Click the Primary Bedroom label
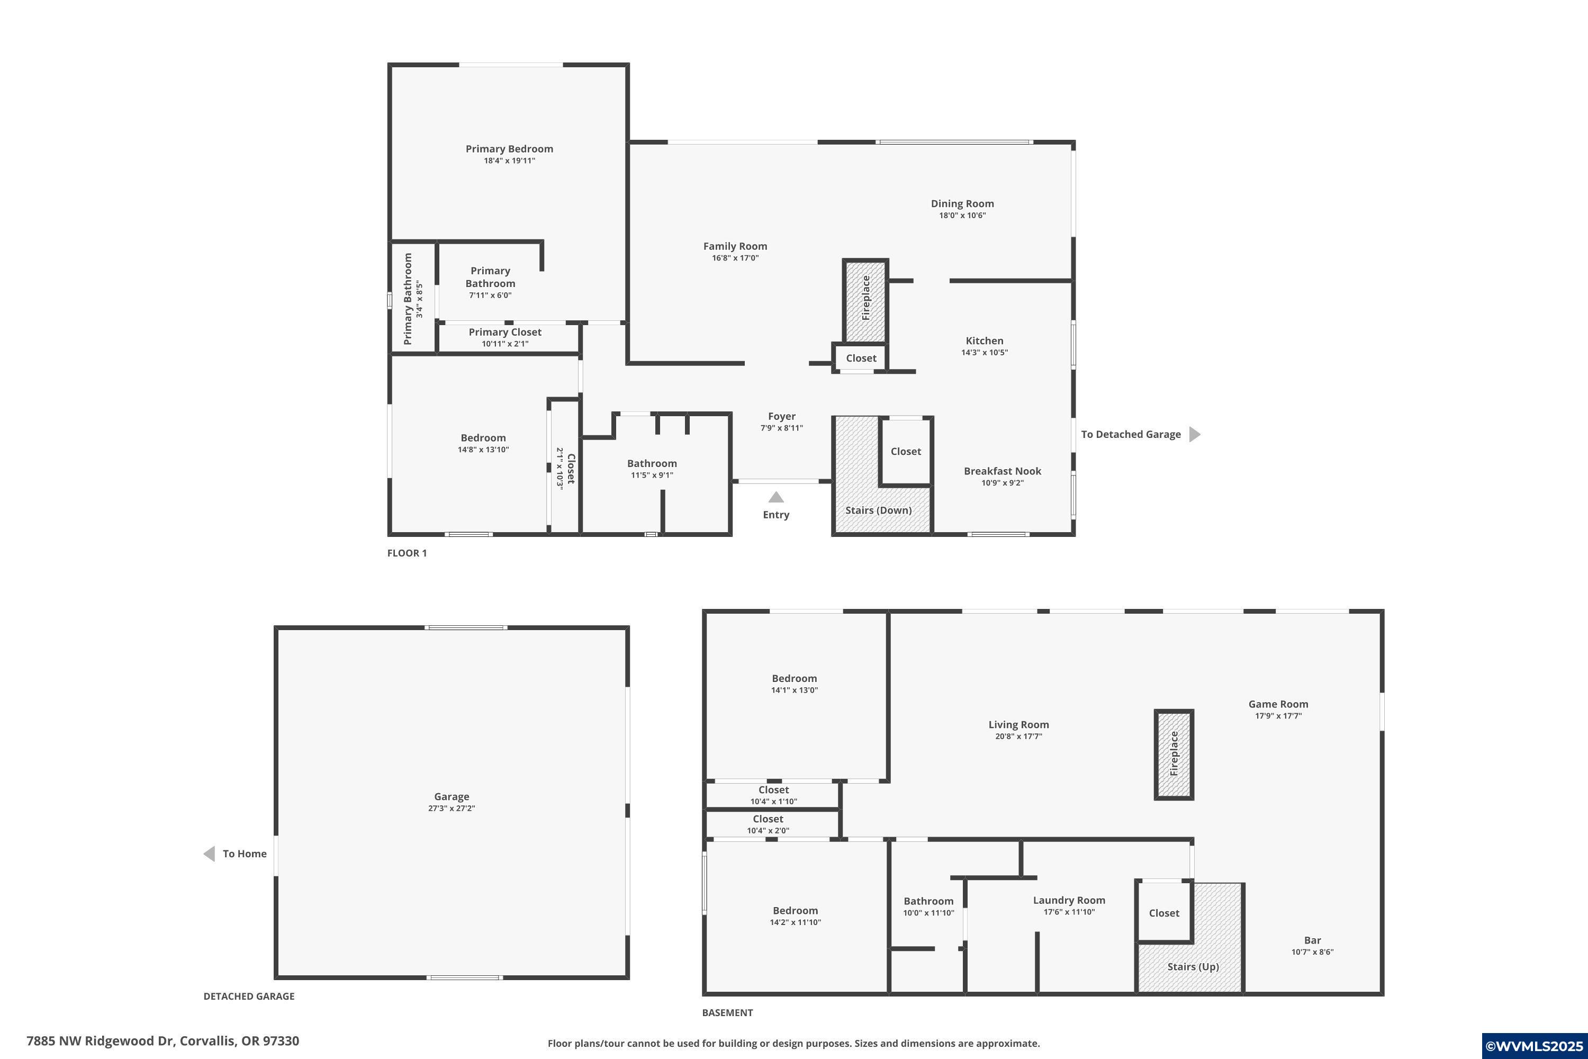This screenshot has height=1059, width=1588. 509,149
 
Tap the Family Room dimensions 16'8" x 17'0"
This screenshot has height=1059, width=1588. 735,258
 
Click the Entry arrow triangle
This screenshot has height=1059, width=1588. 776,498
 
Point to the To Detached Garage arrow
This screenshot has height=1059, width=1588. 1194,434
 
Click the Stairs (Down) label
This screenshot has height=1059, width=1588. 878,510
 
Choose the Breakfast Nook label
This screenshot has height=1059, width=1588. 1002,471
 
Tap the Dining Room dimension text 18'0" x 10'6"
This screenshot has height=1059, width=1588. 962,216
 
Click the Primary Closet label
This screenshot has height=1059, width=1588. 504,331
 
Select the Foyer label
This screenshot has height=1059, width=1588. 781,416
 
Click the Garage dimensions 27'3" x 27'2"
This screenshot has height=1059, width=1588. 451,809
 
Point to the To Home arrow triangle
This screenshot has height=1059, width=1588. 209,854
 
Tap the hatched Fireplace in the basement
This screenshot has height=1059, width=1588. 1174,755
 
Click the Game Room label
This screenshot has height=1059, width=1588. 1277,704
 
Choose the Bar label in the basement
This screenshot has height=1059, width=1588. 1312,940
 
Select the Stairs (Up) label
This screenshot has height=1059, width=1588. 1193,966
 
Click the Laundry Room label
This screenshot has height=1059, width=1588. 1068,900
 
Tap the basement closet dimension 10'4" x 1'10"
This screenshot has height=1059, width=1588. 773,802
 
